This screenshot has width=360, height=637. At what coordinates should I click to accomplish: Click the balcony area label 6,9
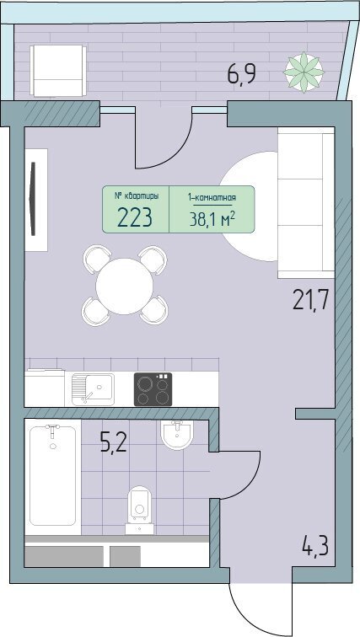242,74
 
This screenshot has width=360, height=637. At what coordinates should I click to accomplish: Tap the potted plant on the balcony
304,72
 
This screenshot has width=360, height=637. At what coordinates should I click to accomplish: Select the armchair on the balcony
58,71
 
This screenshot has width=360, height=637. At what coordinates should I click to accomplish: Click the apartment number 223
135,217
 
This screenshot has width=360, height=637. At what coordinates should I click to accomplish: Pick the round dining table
124,286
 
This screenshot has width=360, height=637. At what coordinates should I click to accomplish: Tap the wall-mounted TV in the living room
33,199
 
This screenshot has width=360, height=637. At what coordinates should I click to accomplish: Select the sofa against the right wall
306,203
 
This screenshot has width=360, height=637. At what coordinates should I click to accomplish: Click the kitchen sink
93,389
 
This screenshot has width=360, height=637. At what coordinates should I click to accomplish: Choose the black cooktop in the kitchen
153,389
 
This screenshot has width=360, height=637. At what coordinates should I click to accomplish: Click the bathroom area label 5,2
113,442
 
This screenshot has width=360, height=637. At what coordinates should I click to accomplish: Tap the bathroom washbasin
177,435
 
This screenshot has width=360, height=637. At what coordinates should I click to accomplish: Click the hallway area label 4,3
315,547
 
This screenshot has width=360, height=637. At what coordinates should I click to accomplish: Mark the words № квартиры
136,196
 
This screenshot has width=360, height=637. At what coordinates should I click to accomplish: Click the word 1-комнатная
212,198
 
